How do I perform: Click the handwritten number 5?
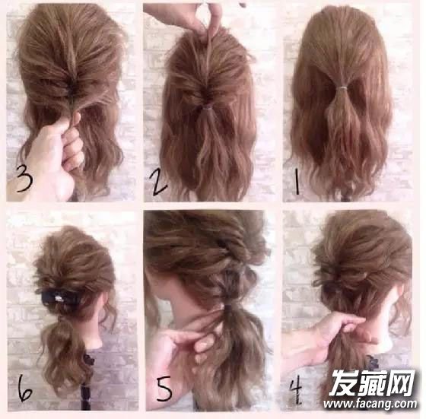[x=164, y=389]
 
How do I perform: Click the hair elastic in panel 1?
[x=343, y=88]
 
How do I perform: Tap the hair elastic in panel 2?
[x=208, y=108]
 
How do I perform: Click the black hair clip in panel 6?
[x=59, y=297]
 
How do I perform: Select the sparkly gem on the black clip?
[x=58, y=298]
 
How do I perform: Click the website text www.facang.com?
[x=370, y=403]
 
